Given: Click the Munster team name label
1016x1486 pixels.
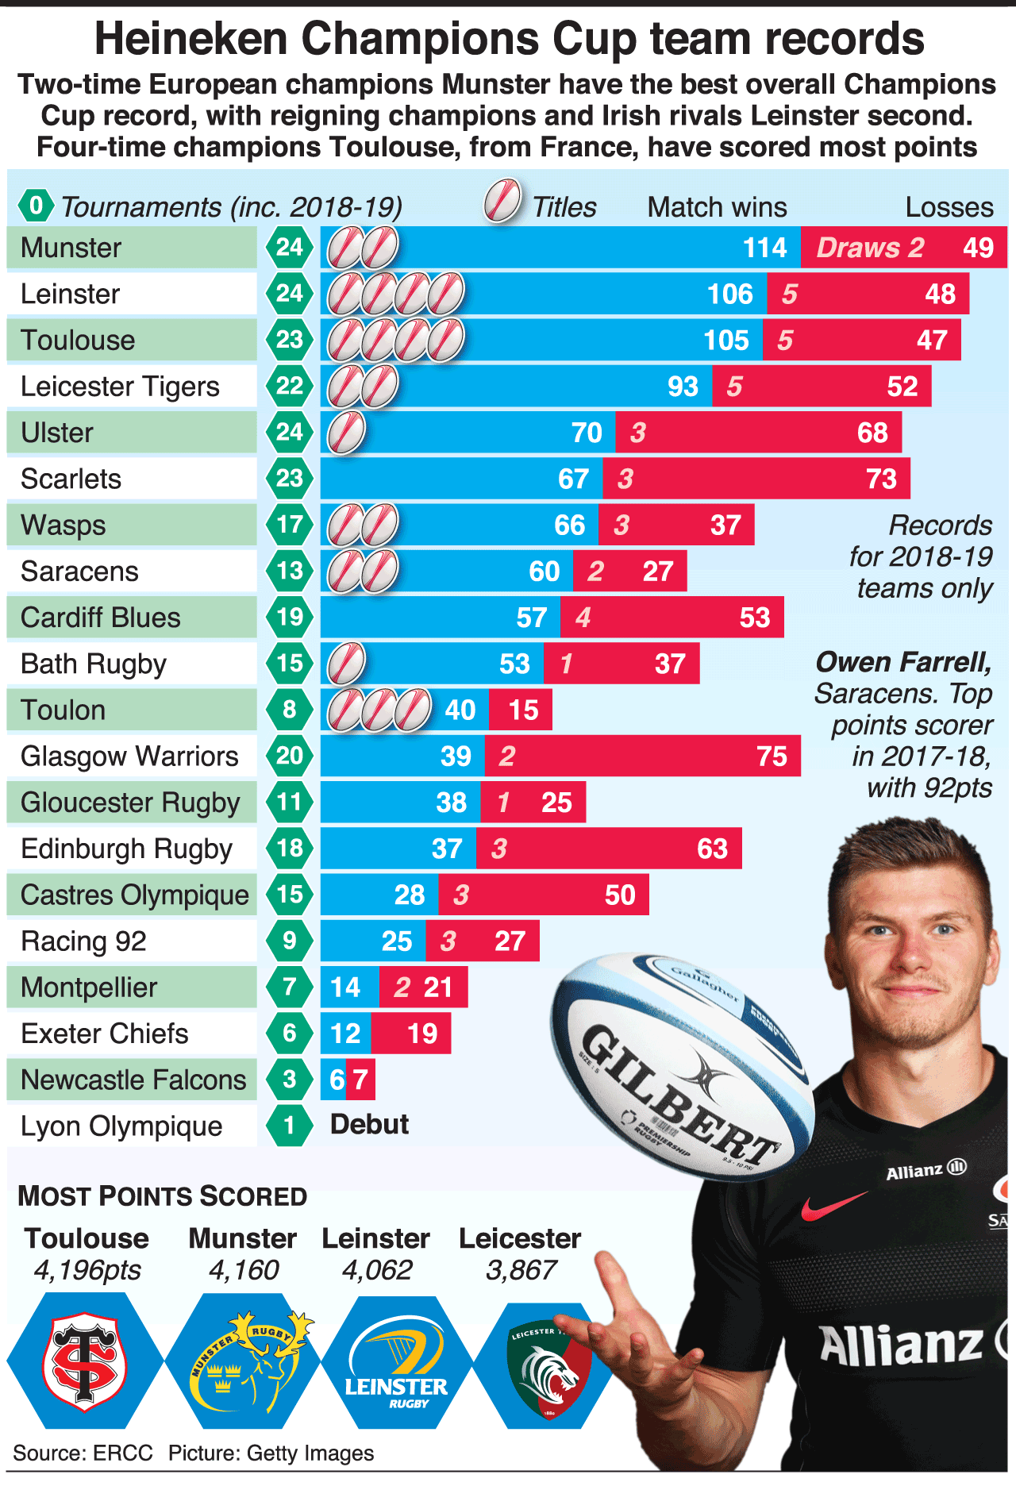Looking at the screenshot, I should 71,248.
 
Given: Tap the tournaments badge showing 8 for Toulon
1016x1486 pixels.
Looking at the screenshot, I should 289,709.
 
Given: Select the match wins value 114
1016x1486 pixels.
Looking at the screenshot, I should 764,248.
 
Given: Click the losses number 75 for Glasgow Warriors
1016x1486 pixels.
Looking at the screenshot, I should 772,756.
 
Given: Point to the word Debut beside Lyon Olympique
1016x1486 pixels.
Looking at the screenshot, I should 369,1125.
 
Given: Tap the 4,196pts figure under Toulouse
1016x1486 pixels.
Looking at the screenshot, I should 87,1271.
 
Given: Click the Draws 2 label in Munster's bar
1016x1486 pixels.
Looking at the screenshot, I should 870,248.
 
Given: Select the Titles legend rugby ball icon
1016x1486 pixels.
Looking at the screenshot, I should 502,201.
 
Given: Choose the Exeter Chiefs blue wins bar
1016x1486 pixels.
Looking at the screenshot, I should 345,1033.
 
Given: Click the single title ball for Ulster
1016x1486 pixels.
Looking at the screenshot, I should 346,433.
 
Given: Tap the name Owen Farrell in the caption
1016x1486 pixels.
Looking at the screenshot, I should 903,662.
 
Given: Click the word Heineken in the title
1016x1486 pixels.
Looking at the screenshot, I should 190,39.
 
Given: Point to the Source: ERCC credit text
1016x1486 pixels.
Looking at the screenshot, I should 83,1453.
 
